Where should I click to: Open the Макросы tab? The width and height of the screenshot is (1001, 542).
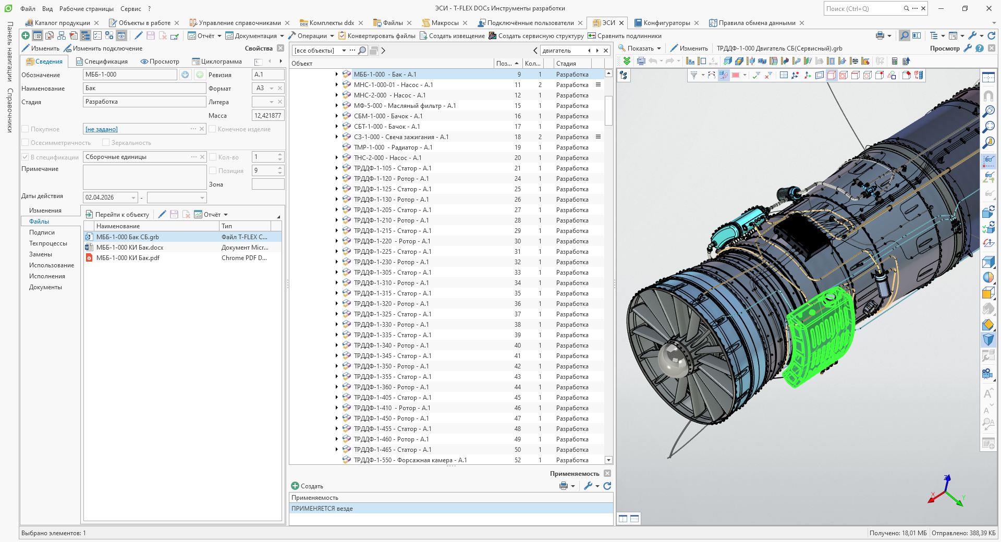click(x=445, y=23)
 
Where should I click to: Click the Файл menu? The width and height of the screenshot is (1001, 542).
click(x=28, y=9)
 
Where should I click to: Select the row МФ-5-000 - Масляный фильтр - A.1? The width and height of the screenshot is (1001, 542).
click(x=405, y=106)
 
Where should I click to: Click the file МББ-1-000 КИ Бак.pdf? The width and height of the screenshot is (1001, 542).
click(x=128, y=258)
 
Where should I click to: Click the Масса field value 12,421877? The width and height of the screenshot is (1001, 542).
click(x=268, y=116)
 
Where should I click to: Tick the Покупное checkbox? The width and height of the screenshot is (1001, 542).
click(x=25, y=129)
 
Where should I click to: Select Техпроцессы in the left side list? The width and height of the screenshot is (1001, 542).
click(x=48, y=243)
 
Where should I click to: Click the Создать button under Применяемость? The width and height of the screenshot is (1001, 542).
click(x=307, y=486)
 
